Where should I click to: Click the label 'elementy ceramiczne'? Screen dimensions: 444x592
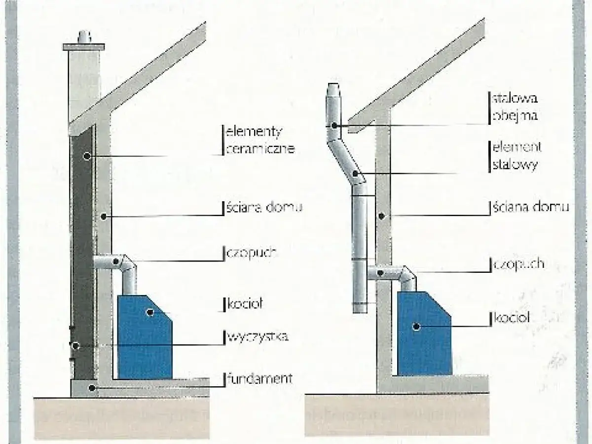point(259,140)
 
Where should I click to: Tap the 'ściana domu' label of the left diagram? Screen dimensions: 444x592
point(264,208)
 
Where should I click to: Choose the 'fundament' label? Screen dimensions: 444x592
point(259,379)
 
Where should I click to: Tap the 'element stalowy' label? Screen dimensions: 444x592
point(516,155)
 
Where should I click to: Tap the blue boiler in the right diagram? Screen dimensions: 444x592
point(424,340)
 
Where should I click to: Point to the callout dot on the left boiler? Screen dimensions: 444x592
point(149,312)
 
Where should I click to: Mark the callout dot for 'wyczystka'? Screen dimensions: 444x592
point(75,346)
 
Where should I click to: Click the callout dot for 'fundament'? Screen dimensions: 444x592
point(91,388)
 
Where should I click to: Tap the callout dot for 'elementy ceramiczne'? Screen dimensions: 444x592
point(86,156)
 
